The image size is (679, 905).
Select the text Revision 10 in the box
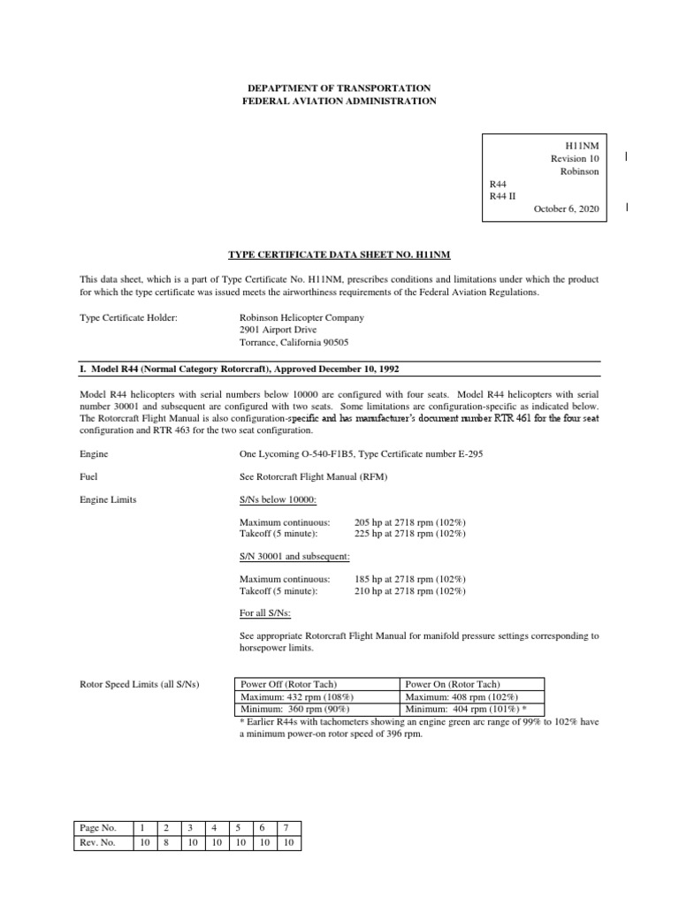pyautogui.click(x=575, y=158)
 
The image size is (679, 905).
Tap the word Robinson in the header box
pyautogui.click(x=580, y=171)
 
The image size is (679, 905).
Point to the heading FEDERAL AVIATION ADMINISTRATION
pyautogui.click(x=339, y=102)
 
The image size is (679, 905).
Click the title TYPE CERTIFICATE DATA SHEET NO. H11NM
pyautogui.click(x=339, y=255)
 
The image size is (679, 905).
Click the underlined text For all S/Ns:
pyautogui.click(x=268, y=614)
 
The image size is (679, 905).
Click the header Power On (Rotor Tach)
pyautogui.click(x=452, y=684)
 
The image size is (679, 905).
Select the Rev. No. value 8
pyautogui.click(x=165, y=842)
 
